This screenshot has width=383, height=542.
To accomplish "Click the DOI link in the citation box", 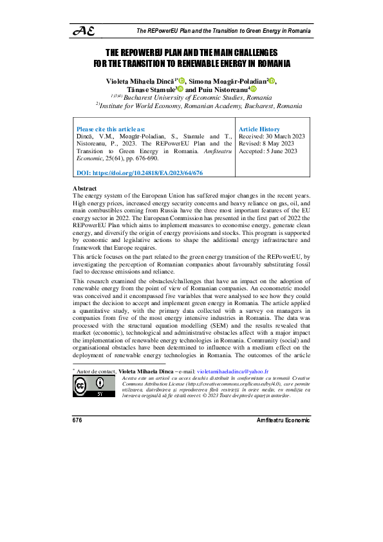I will point(140,173).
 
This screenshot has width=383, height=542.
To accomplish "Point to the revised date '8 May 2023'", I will point(278,144).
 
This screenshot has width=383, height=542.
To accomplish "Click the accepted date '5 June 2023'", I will point(281,151).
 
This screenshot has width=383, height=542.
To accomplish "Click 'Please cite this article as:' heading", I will point(111,129).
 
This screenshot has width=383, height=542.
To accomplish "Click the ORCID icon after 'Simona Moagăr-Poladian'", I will point(272,80).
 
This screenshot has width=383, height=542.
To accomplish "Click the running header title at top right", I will point(224,30).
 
